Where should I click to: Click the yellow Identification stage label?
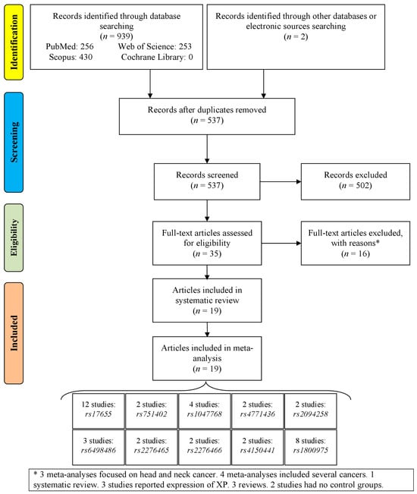(x=14, y=42)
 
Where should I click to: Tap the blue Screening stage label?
(x=14, y=142)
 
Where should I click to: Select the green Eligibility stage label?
(x=14, y=238)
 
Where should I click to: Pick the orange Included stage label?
(x=14, y=333)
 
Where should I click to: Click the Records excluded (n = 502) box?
(x=356, y=181)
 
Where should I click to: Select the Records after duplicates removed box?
(x=207, y=116)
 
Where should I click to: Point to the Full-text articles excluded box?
(x=356, y=243)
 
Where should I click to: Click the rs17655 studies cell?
(x=99, y=411)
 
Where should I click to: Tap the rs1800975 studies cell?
(x=310, y=447)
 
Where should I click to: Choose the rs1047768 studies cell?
(x=204, y=411)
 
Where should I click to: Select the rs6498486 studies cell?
(x=99, y=447)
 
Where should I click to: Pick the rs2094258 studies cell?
(x=310, y=411)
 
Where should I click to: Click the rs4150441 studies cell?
(x=258, y=447)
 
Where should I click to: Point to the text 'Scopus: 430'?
(x=71, y=57)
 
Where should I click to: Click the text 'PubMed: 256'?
(x=70, y=46)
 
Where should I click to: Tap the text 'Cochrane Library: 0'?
(x=157, y=57)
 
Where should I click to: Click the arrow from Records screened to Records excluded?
(x=281, y=181)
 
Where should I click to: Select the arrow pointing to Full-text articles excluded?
(x=281, y=243)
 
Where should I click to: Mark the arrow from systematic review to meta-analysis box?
(x=207, y=329)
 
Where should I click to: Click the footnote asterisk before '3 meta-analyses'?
(x=36, y=474)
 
